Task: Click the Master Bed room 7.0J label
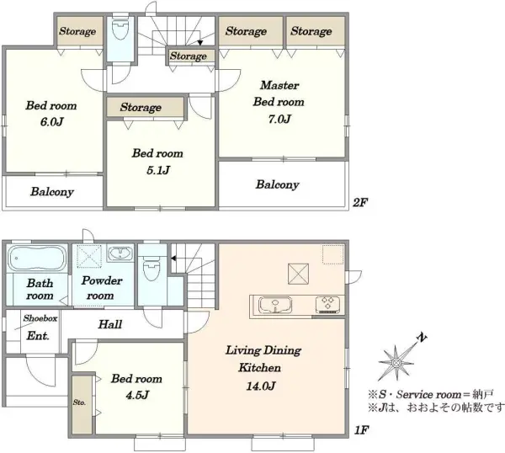click(x=279, y=102)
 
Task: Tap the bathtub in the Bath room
click(x=36, y=258)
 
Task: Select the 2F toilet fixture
click(x=120, y=29)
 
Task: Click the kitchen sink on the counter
click(x=275, y=305)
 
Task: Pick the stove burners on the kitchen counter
click(x=328, y=305)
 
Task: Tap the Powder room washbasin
click(x=120, y=253)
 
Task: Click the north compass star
click(x=396, y=362)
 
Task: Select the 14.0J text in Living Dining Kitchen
click(x=261, y=386)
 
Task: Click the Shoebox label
click(x=40, y=318)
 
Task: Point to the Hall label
click(x=110, y=324)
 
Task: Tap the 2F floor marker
click(x=360, y=203)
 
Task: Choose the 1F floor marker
click(x=361, y=430)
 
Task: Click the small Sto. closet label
click(x=79, y=402)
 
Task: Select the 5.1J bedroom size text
click(x=158, y=170)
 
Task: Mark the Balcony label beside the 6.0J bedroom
click(x=52, y=192)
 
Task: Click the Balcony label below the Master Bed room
click(x=277, y=184)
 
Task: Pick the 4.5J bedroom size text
click(x=137, y=395)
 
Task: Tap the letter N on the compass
click(x=422, y=338)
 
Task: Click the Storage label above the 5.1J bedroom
click(x=141, y=107)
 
